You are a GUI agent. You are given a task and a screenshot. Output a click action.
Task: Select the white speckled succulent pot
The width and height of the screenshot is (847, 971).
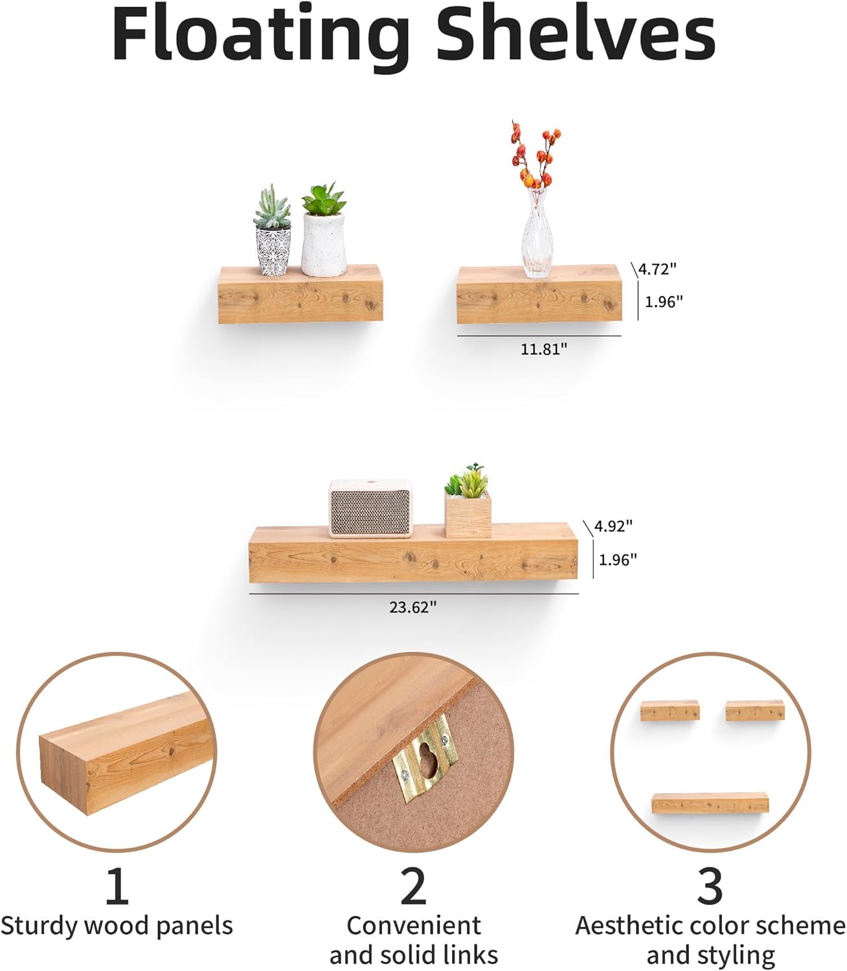tap(322, 245)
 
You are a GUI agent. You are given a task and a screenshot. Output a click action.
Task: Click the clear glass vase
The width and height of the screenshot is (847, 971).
tap(537, 234)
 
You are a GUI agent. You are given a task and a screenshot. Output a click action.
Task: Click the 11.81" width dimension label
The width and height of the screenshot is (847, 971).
tap(544, 349)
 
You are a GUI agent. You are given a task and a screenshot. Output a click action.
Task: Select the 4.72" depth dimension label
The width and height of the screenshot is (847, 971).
tap(657, 269)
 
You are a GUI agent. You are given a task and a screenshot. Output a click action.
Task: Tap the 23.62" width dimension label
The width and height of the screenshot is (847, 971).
tap(413, 607)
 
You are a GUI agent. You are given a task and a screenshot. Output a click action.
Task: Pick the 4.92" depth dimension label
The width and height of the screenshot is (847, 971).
tap(613, 526)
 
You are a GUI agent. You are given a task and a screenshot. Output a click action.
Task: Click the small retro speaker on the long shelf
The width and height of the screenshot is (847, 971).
tap(370, 509)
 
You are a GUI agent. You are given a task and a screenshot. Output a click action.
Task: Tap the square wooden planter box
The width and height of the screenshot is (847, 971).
tap(468, 513)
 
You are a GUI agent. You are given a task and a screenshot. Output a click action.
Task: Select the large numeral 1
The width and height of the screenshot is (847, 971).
tap(117, 887)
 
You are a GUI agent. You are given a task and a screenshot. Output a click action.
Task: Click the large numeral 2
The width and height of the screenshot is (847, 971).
tap(414, 887)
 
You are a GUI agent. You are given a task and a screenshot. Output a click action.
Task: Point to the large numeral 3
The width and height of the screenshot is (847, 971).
tap(710, 887)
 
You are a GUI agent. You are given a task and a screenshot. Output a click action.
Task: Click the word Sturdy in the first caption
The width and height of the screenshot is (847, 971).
tap(40, 926)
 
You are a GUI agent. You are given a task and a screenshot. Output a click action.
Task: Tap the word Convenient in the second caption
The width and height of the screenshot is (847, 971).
tap(414, 926)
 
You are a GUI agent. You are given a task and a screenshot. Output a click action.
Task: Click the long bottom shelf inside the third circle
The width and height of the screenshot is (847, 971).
tap(710, 803)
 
